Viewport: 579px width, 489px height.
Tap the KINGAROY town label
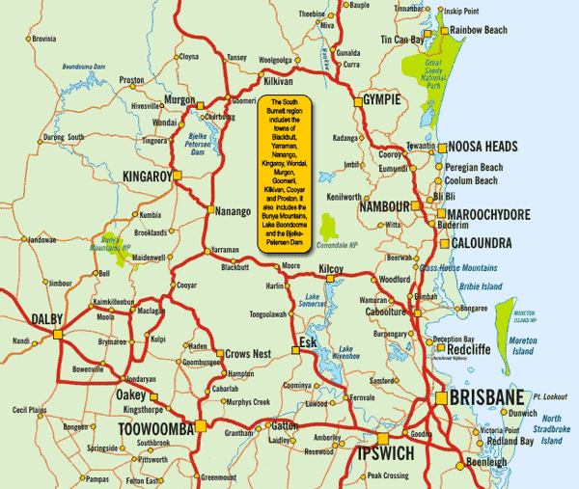pos(147,177)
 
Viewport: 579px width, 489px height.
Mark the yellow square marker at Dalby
pos(58,334)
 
